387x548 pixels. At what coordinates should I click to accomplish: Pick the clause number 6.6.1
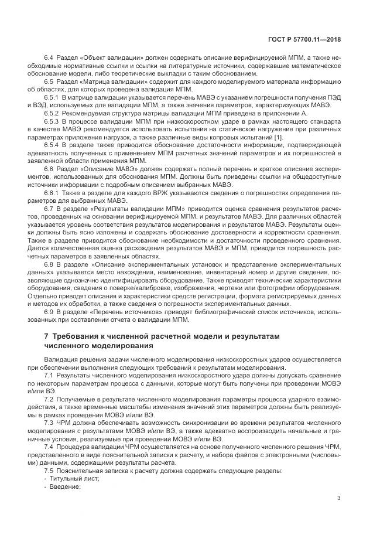[x=52, y=192]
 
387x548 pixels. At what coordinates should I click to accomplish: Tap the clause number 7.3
[x=49, y=423]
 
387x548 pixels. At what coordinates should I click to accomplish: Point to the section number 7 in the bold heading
[x=47, y=336]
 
